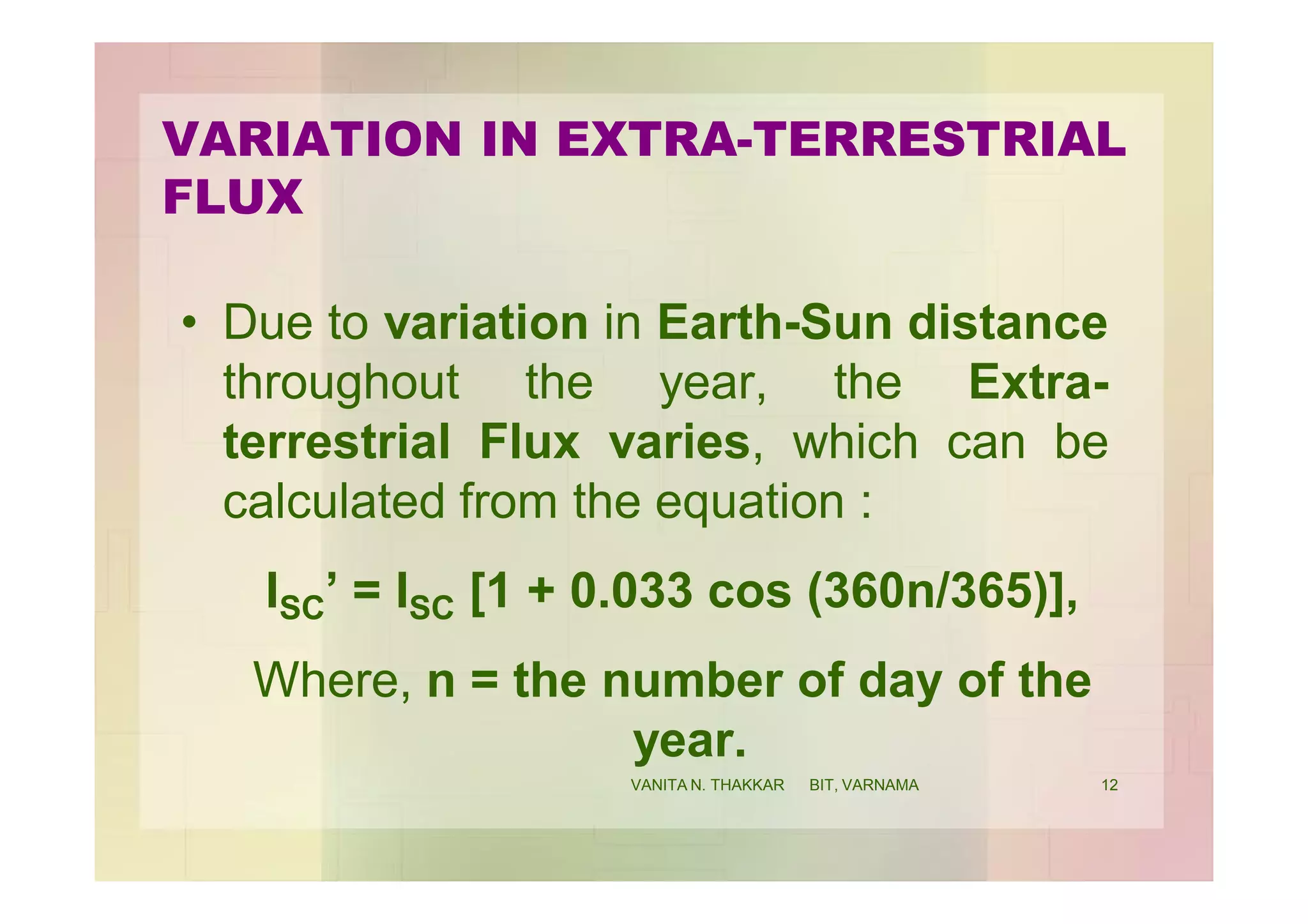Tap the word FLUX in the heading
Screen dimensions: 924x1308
pyautogui.click(x=233, y=197)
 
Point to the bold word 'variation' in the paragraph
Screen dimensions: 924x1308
pyautogui.click(x=486, y=323)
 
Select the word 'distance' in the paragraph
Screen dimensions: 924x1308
pyautogui.click(x=1008, y=323)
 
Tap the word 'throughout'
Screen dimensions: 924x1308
pyautogui.click(x=341, y=383)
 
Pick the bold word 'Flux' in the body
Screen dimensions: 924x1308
pyautogui.click(x=529, y=442)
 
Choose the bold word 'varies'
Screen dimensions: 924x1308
pyautogui.click(x=680, y=442)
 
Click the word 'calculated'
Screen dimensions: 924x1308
pyautogui.click(x=333, y=501)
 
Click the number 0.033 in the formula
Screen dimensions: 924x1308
pyautogui.click(x=631, y=591)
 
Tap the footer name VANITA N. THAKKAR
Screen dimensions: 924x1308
pyautogui.click(x=707, y=785)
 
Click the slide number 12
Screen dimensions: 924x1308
pyautogui.click(x=1109, y=785)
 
